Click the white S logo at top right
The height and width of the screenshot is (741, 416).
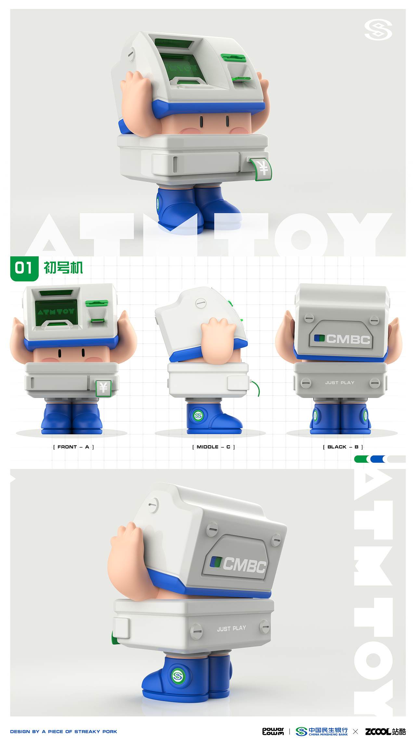point(378,30)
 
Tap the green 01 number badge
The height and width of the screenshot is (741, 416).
point(24,268)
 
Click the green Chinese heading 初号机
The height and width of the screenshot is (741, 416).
point(63,268)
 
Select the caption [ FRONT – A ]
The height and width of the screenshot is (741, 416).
point(73,447)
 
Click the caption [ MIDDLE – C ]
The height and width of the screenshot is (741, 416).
point(214,447)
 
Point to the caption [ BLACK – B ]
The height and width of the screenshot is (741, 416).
point(343,447)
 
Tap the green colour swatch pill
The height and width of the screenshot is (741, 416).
point(361,459)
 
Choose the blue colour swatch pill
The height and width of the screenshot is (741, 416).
point(377,459)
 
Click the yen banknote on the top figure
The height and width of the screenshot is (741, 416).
point(263,168)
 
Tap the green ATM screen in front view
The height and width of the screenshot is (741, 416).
point(56,312)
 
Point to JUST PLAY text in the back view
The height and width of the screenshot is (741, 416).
point(340,383)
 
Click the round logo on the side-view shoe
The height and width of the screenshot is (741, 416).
point(198,415)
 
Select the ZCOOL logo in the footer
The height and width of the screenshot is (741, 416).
point(385,732)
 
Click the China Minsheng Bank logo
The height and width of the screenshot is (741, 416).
point(322,732)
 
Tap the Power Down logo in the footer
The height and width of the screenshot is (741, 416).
point(273,731)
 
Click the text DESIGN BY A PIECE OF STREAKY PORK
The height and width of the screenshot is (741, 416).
point(64,732)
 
